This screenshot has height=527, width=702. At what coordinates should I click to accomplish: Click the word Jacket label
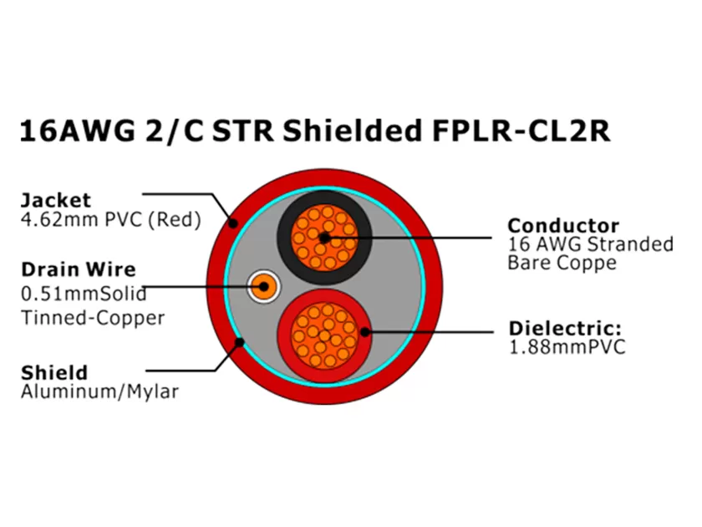[55, 201]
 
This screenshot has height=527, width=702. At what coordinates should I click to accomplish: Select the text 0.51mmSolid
[83, 294]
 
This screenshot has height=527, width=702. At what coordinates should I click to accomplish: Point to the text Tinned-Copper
[92, 318]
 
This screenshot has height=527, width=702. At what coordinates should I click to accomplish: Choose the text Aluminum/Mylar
[99, 391]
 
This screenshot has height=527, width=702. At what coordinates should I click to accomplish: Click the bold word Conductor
[563, 226]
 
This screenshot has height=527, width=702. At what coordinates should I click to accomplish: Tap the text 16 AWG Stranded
[590, 245]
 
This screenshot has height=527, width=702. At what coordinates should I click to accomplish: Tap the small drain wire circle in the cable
[263, 287]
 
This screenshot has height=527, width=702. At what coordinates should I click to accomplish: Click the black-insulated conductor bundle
[324, 237]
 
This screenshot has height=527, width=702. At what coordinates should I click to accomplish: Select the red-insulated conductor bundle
[324, 332]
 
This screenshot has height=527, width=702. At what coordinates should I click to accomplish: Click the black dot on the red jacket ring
[235, 223]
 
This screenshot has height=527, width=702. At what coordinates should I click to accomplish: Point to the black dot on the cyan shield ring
[239, 341]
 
